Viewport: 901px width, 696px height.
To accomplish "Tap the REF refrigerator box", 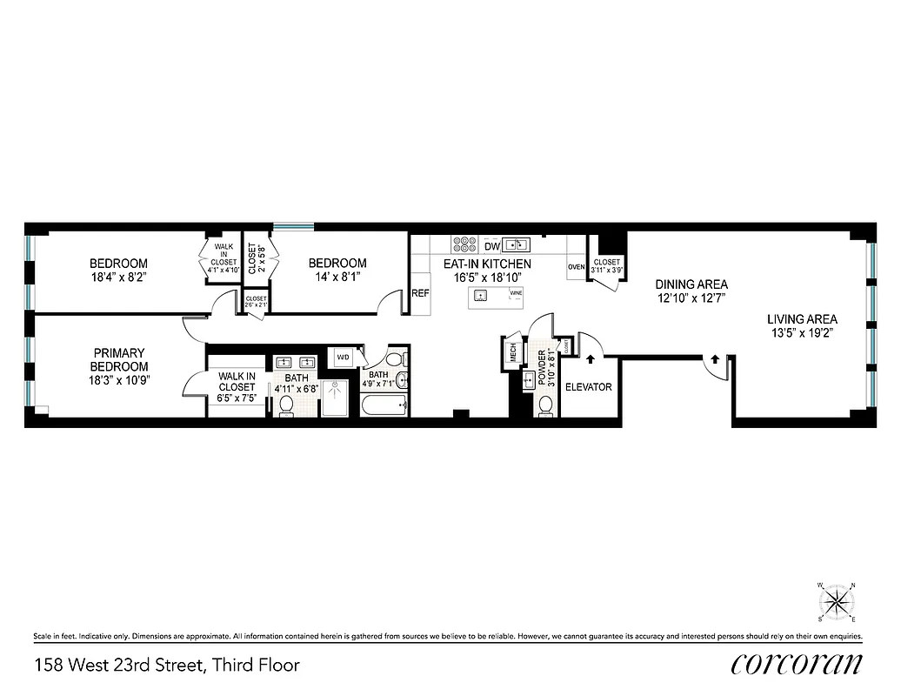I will (x=420, y=294).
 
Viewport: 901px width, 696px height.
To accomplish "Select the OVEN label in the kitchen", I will (x=576, y=267).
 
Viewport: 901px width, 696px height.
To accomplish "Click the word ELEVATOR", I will (x=589, y=387).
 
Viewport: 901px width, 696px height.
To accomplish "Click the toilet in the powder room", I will (x=545, y=405).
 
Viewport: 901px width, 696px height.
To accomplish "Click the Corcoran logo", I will (x=796, y=664).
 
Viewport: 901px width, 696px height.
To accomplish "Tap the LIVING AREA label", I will (x=802, y=319).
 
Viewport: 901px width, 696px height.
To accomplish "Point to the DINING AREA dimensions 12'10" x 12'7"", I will (x=691, y=298).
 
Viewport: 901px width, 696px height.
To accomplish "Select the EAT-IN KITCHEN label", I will (x=487, y=264).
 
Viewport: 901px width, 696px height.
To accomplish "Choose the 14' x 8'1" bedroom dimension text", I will (x=337, y=277).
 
